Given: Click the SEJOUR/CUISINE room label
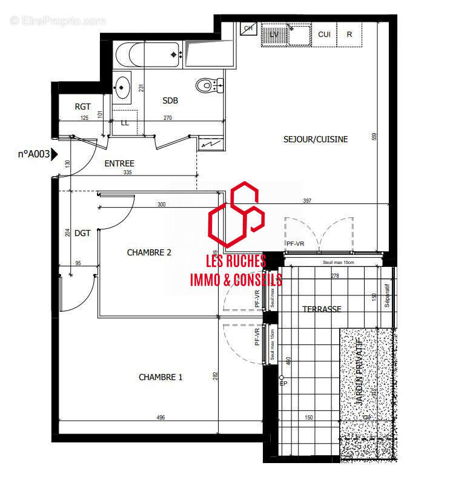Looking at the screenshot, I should point(316,139).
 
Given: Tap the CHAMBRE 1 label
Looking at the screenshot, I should point(160,377).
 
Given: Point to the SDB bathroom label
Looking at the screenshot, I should point(170,100).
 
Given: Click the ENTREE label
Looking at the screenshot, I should point(119,163).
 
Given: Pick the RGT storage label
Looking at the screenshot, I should point(83,107).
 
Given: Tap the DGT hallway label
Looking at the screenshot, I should point(82,232).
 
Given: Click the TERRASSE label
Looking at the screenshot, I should point(322,309).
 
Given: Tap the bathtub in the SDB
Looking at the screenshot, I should point(148,54).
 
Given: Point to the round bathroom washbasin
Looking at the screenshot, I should point(123,86).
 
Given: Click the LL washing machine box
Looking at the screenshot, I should point(125,123).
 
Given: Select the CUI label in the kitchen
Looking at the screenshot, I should point(324,35).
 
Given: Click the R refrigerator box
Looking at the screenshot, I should point(349,35).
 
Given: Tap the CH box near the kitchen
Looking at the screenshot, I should point(248,28).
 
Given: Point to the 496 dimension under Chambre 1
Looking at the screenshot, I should point(160,417).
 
